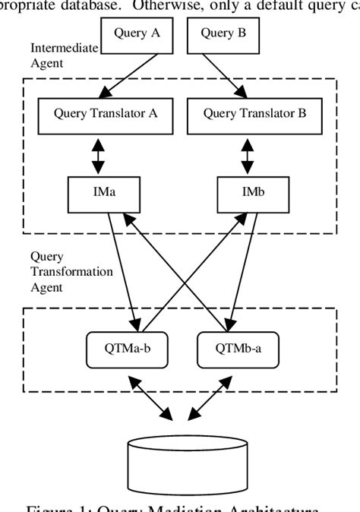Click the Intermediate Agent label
64,55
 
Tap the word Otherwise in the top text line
169,6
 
